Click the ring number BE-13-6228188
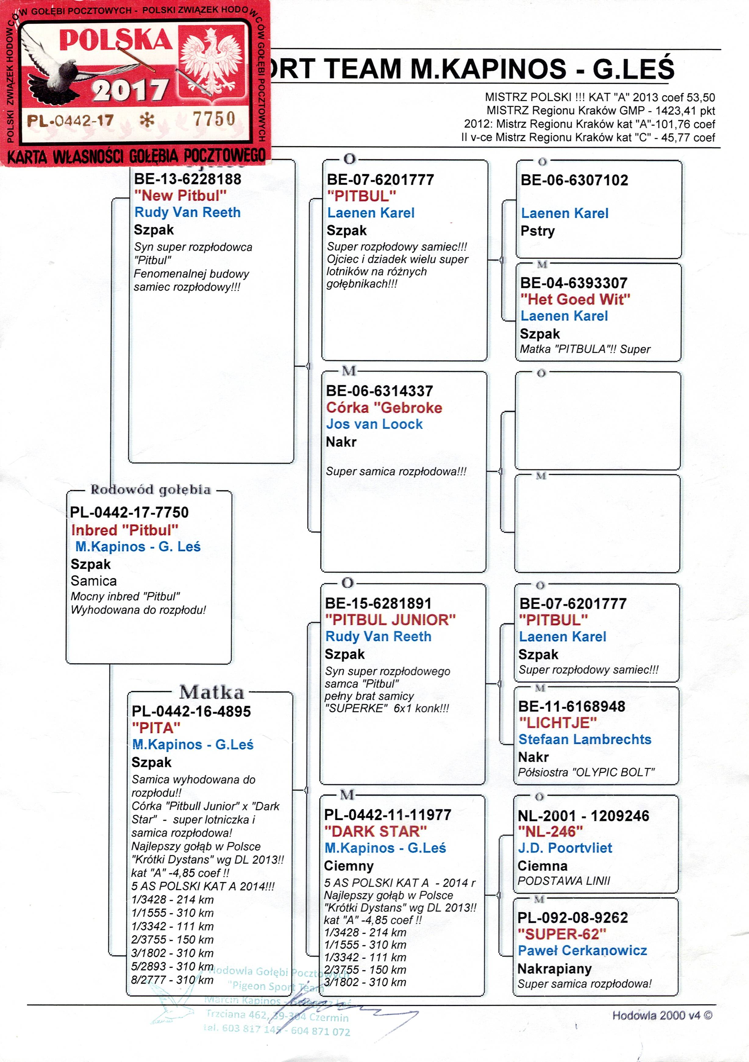coord(187,179)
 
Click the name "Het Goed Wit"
coord(575,299)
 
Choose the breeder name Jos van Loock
coord(374,424)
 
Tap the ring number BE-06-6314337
coord(379,391)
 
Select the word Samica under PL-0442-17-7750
coord(94,581)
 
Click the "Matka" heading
coord(212,693)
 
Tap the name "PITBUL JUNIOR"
coord(390,620)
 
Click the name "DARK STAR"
coord(375,831)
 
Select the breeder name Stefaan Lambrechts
coord(584,739)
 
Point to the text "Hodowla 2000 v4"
coord(662,1015)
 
